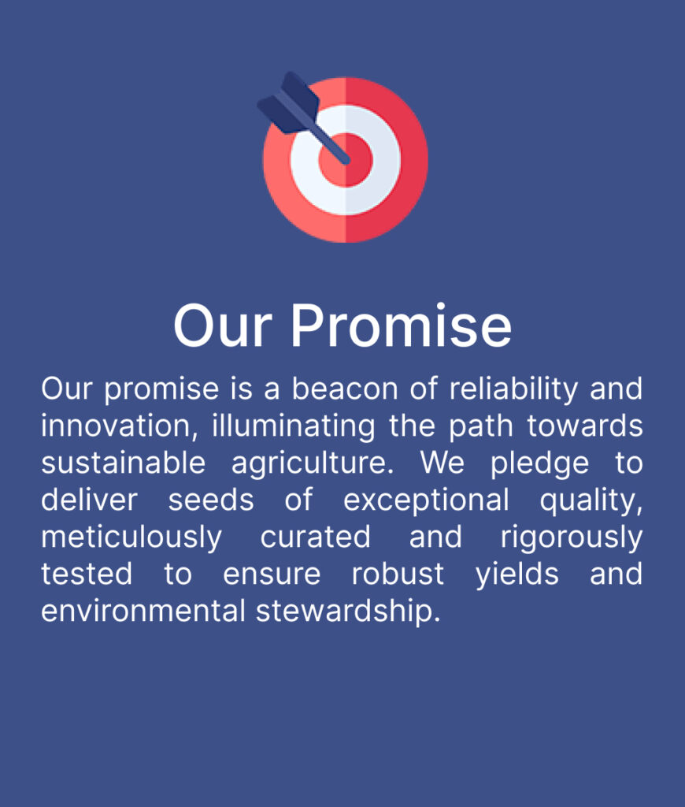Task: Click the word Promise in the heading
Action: [401, 326]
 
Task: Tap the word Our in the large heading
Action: [223, 326]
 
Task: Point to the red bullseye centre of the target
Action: [345, 159]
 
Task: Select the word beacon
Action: [345, 389]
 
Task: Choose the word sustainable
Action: [124, 463]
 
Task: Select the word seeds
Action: [211, 500]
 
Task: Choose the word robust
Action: [398, 574]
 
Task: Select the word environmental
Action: [143, 611]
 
